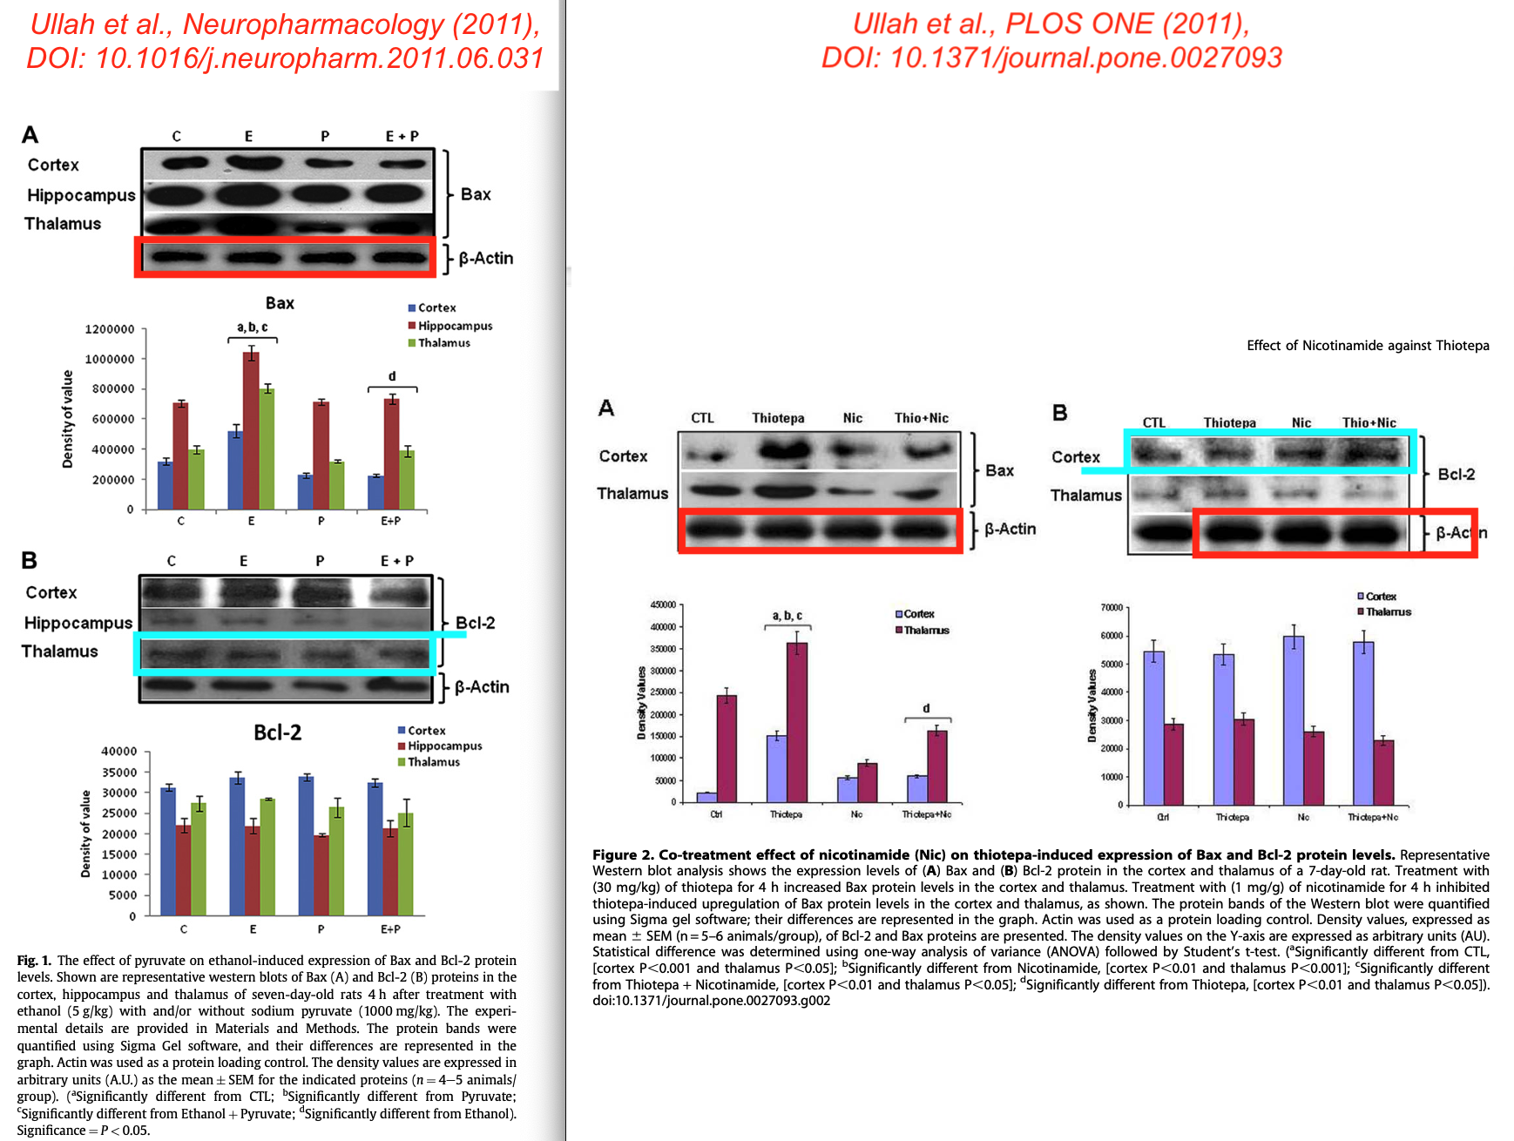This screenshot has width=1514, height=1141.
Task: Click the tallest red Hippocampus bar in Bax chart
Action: [251, 430]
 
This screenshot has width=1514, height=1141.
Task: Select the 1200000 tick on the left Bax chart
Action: [110, 329]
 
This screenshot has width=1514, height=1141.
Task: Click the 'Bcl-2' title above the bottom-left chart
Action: [277, 733]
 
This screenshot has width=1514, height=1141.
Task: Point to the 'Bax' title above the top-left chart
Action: [280, 303]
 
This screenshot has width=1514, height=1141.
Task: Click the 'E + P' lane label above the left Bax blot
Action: [402, 136]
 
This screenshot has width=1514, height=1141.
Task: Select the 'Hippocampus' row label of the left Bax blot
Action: [81, 195]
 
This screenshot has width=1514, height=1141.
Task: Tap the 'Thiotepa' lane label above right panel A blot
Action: [778, 418]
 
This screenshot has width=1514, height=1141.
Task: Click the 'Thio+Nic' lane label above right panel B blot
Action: [1369, 422]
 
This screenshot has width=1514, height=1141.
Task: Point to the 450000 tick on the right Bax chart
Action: [663, 604]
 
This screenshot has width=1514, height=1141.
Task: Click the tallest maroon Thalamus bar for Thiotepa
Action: [796, 722]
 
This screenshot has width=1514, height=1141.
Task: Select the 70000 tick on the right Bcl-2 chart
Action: [1112, 607]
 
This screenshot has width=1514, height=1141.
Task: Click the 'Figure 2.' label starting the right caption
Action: [623, 854]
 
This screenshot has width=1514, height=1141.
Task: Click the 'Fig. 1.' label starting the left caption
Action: [34, 961]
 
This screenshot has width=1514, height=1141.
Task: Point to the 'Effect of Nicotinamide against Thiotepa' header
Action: [1367, 346]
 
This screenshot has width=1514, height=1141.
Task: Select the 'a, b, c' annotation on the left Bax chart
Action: [253, 327]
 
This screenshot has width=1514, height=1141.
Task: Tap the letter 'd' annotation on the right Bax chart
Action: [926, 708]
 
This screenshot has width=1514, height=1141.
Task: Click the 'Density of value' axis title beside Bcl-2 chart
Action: [85, 834]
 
